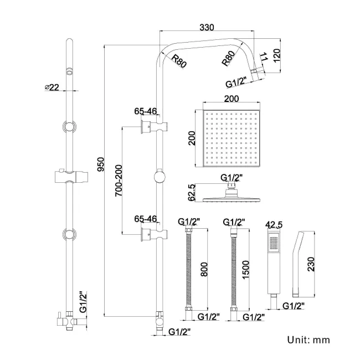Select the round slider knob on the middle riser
coord(160,177)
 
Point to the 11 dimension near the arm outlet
coord(264,57)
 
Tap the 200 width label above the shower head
coord(232,99)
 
